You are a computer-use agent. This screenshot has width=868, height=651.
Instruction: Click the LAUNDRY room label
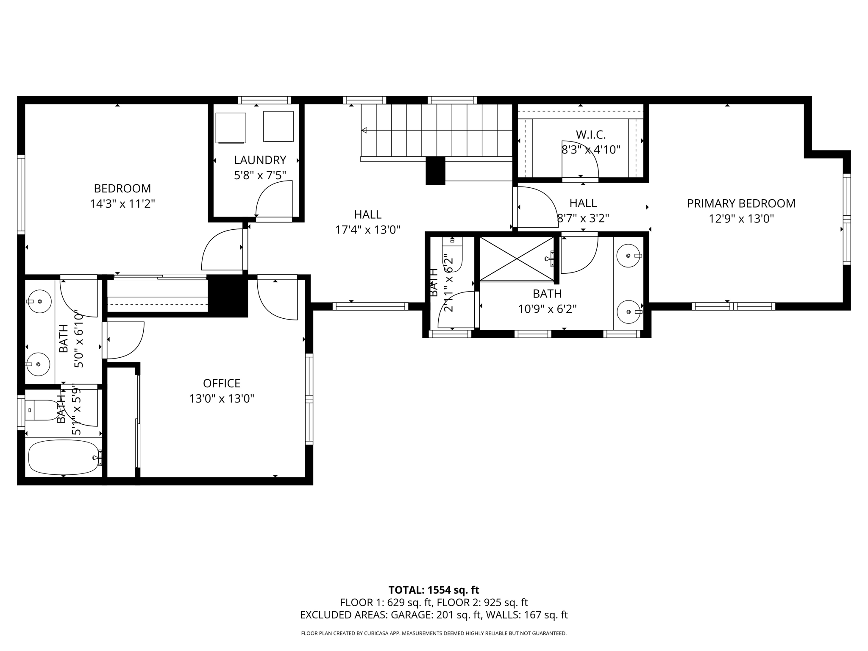click(x=260, y=160)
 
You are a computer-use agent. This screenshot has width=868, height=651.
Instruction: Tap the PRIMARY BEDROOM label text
click(x=741, y=203)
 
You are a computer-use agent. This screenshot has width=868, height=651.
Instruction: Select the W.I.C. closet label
click(x=591, y=135)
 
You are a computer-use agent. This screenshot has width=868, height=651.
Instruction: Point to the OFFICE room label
click(x=222, y=383)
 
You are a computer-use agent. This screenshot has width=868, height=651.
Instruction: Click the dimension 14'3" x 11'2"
click(x=122, y=204)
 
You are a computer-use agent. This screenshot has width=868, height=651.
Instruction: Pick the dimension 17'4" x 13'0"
click(x=368, y=230)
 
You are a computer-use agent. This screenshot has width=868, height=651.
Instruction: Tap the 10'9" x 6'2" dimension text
click(x=548, y=309)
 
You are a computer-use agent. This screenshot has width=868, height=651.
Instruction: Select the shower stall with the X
click(x=517, y=259)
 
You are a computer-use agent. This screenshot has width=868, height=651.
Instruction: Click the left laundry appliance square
click(x=231, y=128)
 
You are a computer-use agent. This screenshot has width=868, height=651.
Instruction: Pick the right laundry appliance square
click(x=278, y=126)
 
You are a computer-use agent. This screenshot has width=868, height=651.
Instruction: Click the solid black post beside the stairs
click(x=435, y=171)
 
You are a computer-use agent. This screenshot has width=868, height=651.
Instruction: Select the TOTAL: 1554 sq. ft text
click(x=434, y=590)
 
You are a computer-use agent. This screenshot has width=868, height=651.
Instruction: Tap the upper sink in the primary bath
click(x=628, y=256)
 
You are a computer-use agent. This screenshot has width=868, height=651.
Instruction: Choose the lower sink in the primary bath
click(x=628, y=312)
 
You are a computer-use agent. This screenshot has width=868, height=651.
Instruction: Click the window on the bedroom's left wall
click(x=21, y=195)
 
